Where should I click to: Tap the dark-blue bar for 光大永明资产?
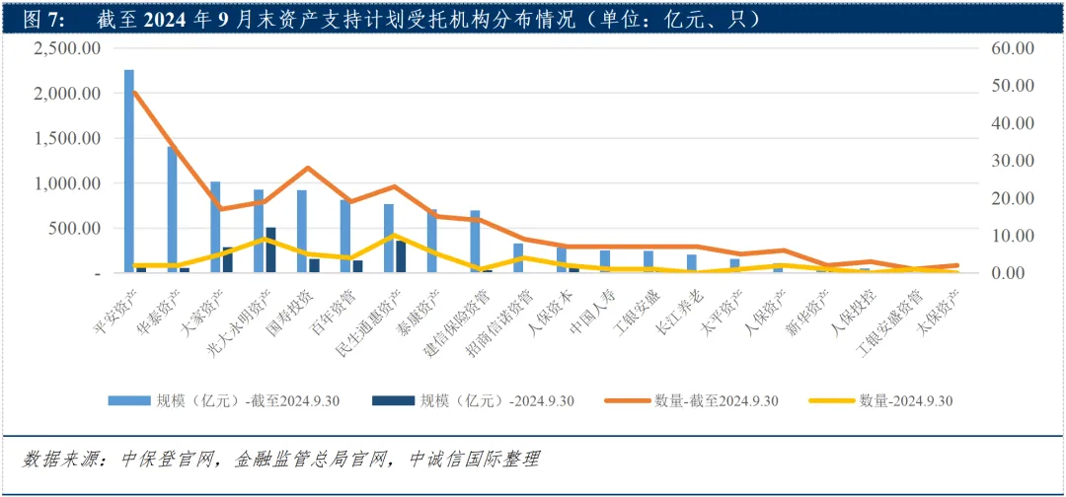pos(270,249)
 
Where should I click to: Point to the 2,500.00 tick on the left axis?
pos(68,48)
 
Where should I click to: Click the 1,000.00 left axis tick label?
pos(68,183)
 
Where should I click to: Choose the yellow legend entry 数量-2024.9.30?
pos(905,400)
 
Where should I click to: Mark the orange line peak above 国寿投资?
pos(307,169)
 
